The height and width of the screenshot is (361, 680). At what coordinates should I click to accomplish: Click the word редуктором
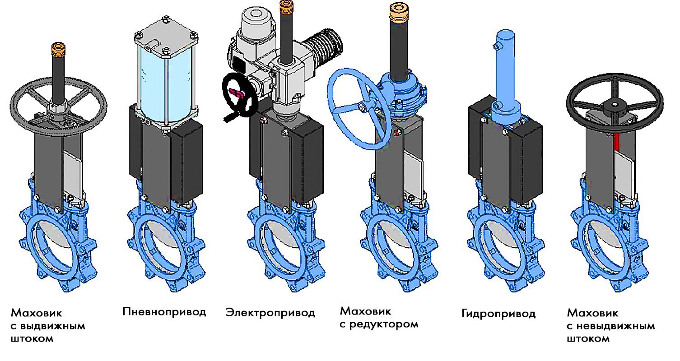(x=384, y=324)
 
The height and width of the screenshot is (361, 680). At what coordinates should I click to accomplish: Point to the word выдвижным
(x=52, y=326)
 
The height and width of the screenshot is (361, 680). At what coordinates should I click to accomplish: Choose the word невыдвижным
(x=615, y=326)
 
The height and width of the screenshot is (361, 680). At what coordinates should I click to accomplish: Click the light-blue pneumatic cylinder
(x=165, y=82)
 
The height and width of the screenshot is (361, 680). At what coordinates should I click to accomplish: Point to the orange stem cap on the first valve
(x=58, y=50)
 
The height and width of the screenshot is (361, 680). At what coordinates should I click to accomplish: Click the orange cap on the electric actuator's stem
(x=286, y=6)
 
